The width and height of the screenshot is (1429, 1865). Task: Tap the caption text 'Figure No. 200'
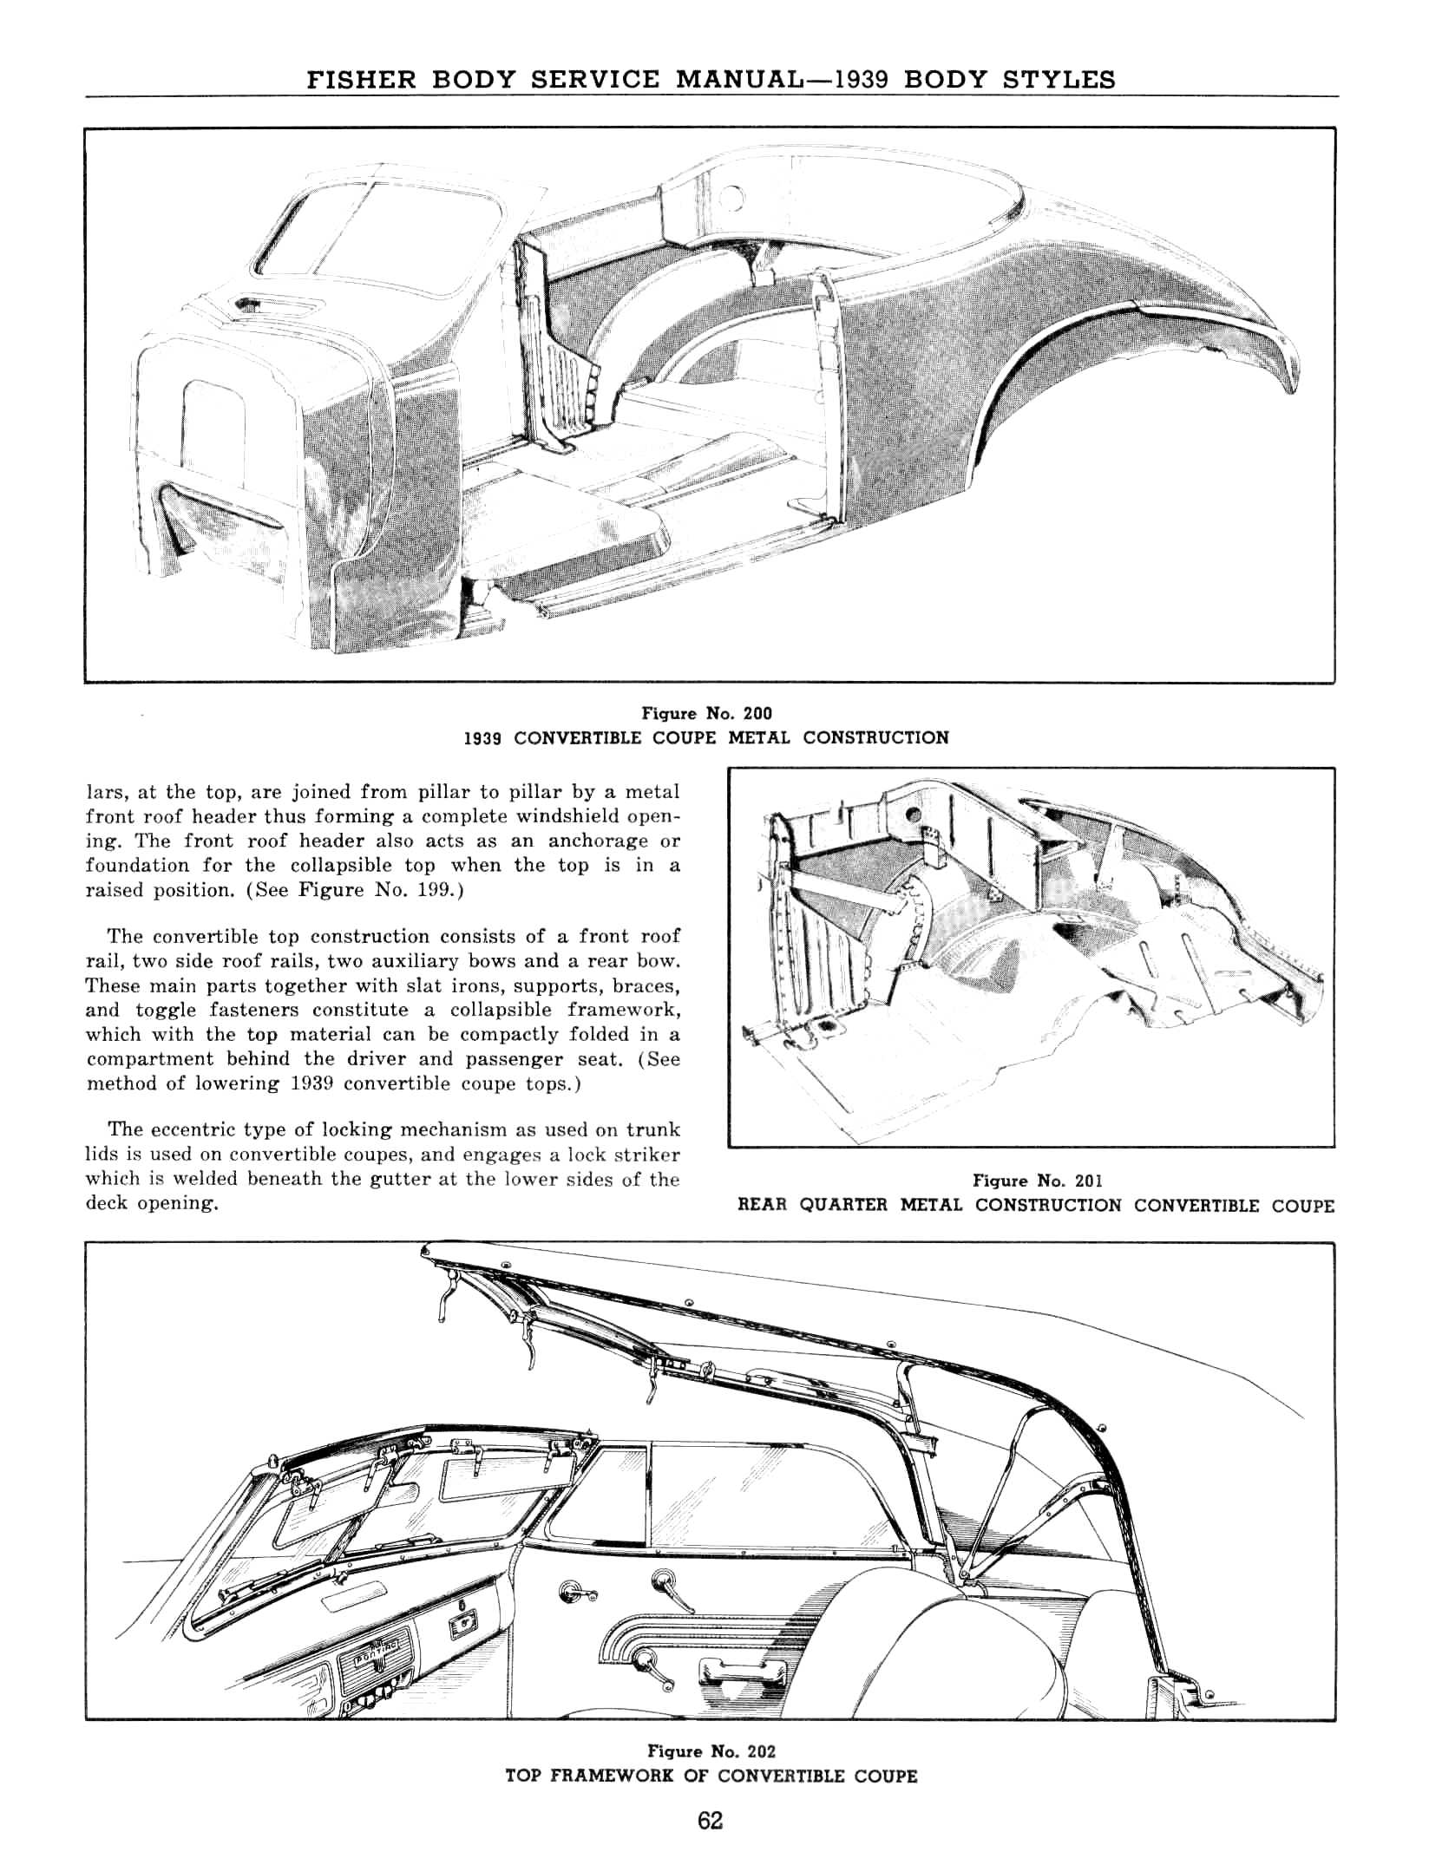pos(706,713)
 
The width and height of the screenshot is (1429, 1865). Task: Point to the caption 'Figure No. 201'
pos(1037,1181)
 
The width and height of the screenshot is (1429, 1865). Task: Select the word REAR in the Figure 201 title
pos(764,1206)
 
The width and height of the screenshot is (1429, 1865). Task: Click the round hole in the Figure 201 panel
pos(911,816)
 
